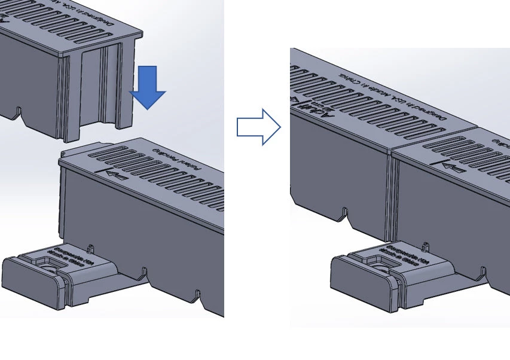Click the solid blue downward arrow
[x=147, y=87]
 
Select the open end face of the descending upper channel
[x=96, y=90]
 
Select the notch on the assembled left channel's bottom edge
[x=345, y=212]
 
